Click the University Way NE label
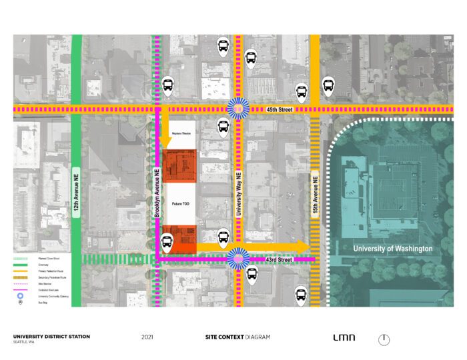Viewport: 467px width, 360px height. pyautogui.click(x=238, y=191)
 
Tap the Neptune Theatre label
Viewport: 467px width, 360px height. pyautogui.click(x=181, y=134)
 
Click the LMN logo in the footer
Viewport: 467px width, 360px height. pyautogui.click(x=344, y=338)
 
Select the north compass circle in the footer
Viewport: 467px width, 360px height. pyautogui.click(x=384, y=339)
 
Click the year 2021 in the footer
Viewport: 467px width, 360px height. pyautogui.click(x=147, y=337)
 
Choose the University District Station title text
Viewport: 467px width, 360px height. pyautogui.click(x=51, y=337)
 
